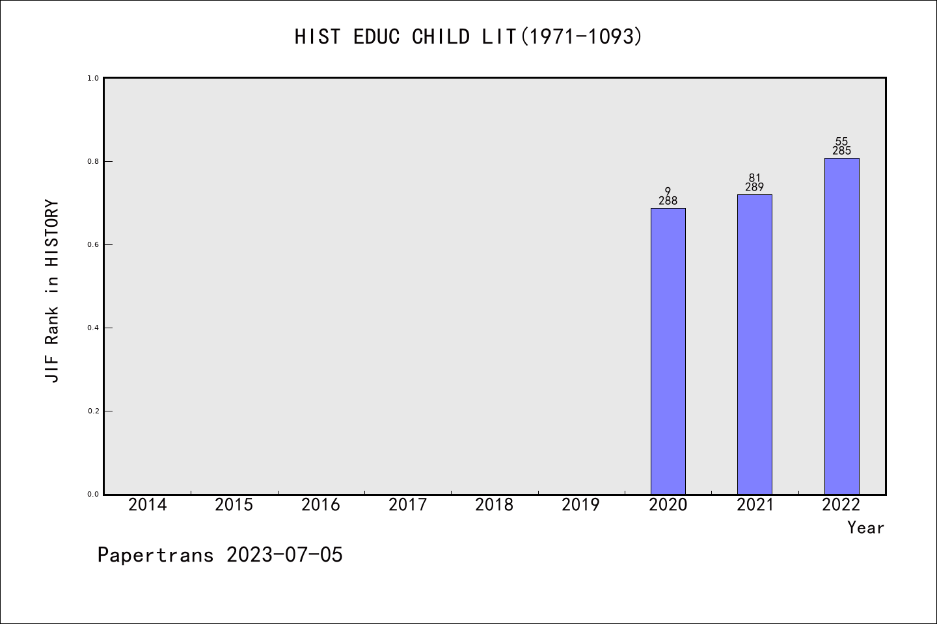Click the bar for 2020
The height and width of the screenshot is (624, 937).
tap(668, 351)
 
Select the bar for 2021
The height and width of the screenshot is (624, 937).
tap(755, 344)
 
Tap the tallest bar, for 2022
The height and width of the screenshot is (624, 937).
tap(841, 326)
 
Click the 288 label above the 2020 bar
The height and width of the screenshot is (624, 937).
tap(668, 201)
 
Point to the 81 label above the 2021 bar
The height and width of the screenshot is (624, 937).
tap(755, 178)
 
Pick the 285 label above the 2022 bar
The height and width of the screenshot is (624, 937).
tap(841, 150)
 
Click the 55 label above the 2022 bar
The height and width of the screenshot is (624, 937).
tap(841, 142)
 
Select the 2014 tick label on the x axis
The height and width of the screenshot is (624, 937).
tap(147, 505)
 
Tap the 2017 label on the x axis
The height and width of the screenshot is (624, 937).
tap(408, 505)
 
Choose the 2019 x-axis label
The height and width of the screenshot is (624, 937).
tap(581, 505)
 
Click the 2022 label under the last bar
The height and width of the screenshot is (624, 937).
tap(841, 505)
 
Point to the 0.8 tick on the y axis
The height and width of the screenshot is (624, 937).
tap(93, 162)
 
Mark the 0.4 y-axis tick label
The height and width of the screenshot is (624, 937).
tap(93, 328)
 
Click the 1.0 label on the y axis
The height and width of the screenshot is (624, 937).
tap(93, 79)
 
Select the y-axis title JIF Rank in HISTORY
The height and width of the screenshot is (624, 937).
tap(52, 291)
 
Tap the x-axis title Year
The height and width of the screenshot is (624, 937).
tap(865, 528)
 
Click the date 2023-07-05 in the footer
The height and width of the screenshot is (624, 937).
tap(284, 555)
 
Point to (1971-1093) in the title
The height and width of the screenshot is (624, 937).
tap(582, 37)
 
